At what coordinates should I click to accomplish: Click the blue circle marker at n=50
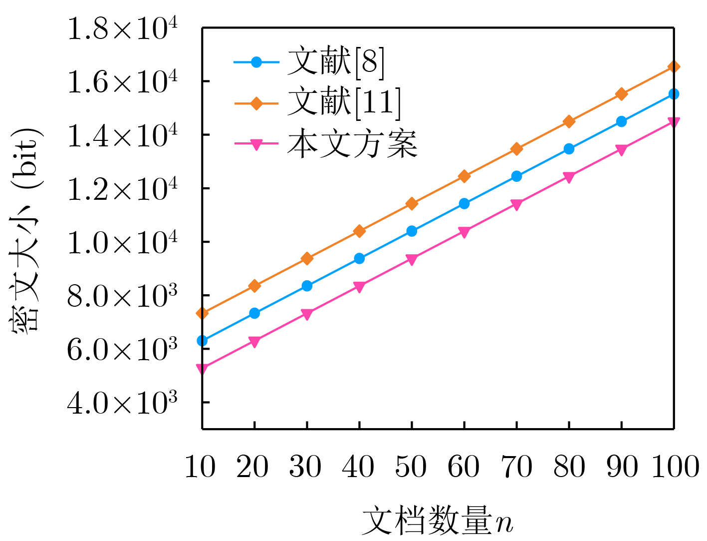click(412, 231)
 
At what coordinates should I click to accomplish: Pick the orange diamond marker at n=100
click(674, 67)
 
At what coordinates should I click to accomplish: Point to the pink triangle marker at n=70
click(516, 204)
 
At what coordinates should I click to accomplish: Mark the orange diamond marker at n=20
click(254, 286)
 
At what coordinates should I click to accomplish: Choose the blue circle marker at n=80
click(569, 149)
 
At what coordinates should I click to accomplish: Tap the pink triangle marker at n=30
click(307, 314)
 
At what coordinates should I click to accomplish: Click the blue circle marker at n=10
click(202, 341)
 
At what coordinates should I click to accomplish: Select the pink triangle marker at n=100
click(674, 122)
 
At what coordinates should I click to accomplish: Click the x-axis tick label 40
click(358, 468)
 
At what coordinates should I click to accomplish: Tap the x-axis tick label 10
click(200, 468)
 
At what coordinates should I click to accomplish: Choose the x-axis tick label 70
click(516, 468)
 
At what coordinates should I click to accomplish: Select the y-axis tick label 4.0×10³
click(122, 403)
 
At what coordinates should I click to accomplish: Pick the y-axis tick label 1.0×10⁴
click(122, 243)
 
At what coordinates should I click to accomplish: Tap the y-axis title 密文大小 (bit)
click(26, 230)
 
